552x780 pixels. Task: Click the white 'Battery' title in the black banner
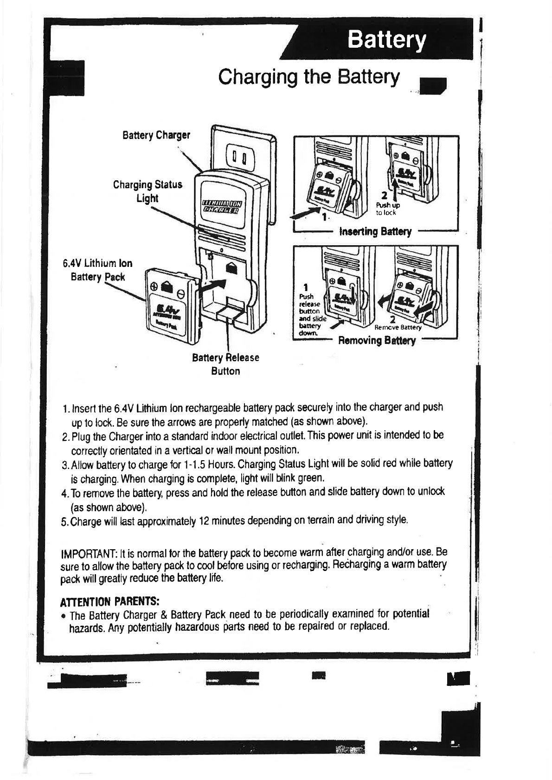pyautogui.click(x=386, y=40)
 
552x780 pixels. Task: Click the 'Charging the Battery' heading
pyautogui.click(x=308, y=77)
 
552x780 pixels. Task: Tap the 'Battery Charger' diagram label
pyautogui.click(x=156, y=135)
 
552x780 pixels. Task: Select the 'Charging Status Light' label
pyautogui.click(x=148, y=191)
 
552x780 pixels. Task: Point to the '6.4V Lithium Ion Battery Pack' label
pyautogui.click(x=98, y=270)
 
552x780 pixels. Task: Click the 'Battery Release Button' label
pyautogui.click(x=225, y=364)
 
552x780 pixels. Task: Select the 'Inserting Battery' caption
pyautogui.click(x=375, y=231)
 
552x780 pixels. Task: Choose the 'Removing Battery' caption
pyautogui.click(x=377, y=341)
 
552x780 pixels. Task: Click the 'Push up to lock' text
pyautogui.click(x=388, y=209)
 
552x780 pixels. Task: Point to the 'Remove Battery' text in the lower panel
pyautogui.click(x=398, y=327)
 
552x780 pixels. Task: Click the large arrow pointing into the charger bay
pyautogui.click(x=216, y=287)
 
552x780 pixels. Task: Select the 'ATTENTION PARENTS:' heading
pyautogui.click(x=110, y=602)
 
